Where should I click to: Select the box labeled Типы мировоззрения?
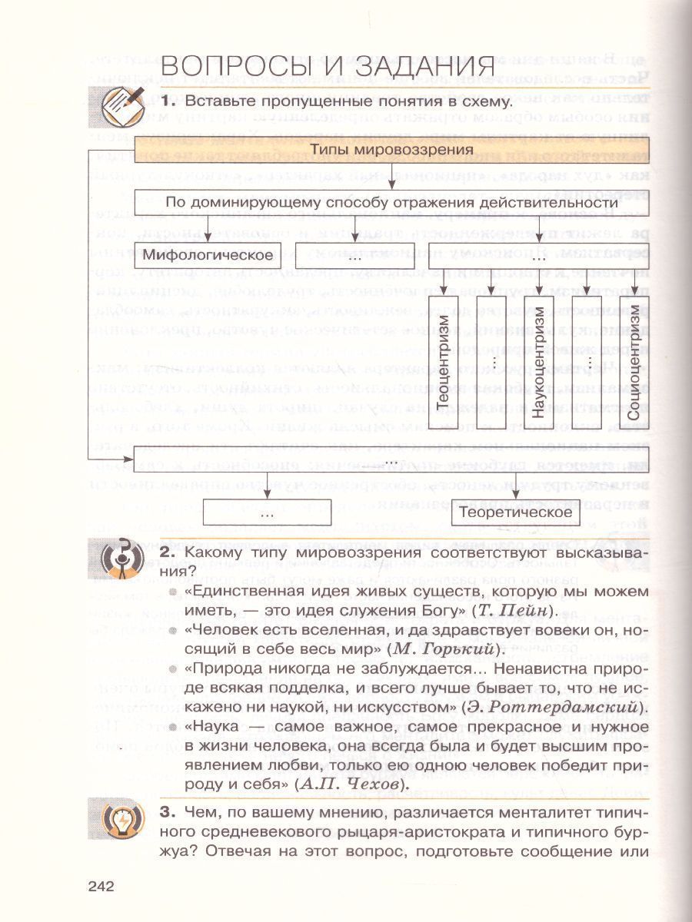tap(391, 149)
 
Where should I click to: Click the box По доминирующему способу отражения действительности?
tap(391, 204)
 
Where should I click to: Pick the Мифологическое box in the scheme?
tap(210, 255)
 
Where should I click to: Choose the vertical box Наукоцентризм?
tap(539, 361)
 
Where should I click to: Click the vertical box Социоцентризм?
tap(632, 361)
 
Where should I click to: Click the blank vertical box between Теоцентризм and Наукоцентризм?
tap(491, 361)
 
